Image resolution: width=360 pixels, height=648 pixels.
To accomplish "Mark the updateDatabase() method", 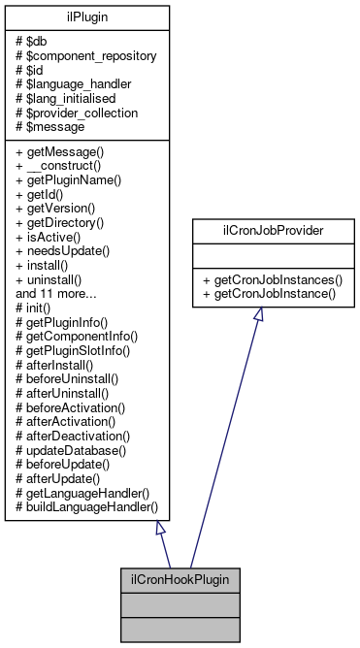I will (x=76, y=452).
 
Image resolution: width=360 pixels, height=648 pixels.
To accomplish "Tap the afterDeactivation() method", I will (x=79, y=438).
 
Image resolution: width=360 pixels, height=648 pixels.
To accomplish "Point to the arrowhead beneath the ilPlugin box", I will (x=161, y=529).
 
